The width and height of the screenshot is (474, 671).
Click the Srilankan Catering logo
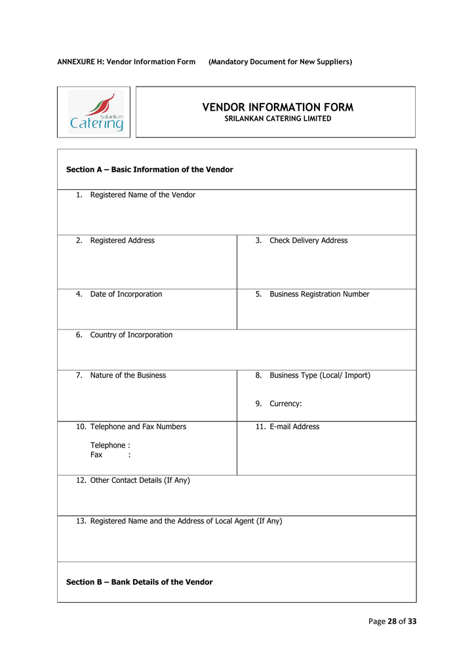(96, 112)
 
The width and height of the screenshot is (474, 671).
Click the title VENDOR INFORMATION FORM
(277, 107)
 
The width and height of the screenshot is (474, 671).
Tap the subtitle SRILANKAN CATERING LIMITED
(277, 119)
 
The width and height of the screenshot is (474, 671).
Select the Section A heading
(149, 170)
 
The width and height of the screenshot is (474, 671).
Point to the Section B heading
(140, 582)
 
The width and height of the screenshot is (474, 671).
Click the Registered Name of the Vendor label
(142, 195)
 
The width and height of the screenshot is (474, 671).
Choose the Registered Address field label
(122, 240)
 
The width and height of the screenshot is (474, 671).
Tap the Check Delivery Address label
(308, 240)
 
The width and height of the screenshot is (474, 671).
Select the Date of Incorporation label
(126, 294)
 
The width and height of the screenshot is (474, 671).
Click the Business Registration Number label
(319, 294)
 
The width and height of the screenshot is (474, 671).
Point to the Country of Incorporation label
(131, 335)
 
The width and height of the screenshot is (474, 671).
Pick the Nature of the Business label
(128, 375)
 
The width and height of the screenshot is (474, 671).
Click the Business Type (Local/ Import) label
(319, 375)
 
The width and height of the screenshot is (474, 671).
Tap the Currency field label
(285, 404)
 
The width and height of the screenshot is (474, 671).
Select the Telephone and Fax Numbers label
(138, 427)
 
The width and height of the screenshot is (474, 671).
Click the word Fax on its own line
(96, 454)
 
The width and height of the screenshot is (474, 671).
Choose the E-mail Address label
(294, 427)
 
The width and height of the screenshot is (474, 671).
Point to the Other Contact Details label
(140, 480)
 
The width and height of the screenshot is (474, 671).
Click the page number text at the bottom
(392, 621)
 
